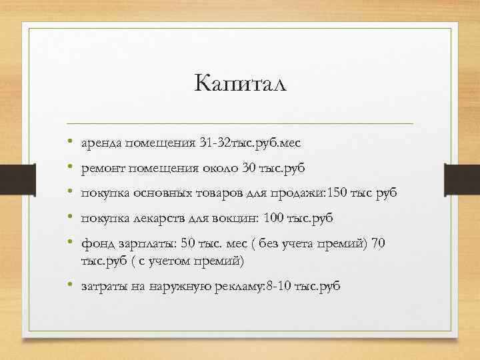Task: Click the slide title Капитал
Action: tap(240, 85)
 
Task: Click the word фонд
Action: tap(95, 243)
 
